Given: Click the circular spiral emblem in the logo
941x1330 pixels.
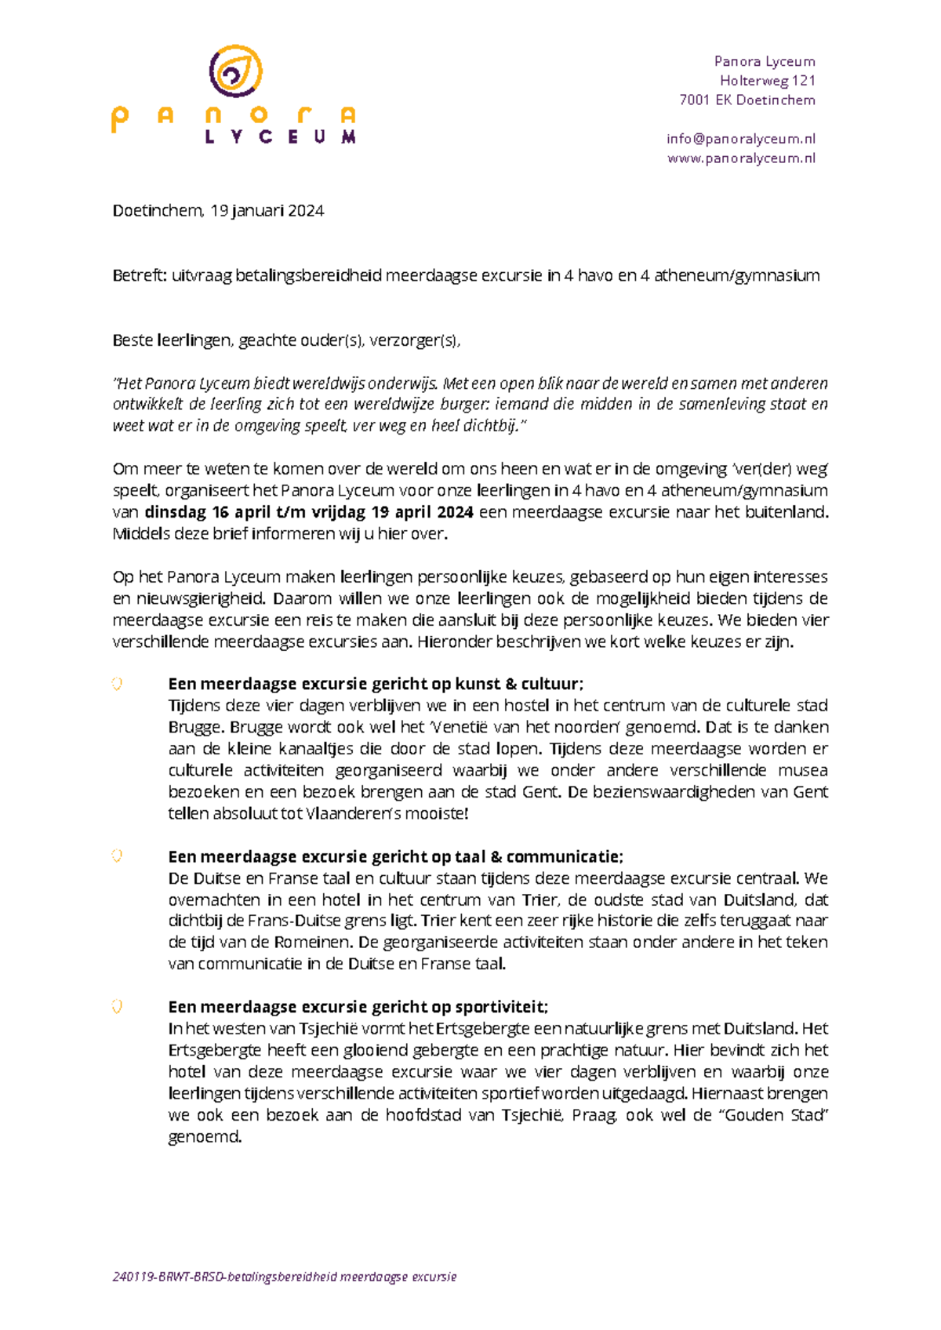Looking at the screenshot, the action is coord(235,71).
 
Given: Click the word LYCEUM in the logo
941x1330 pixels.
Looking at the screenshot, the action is coord(280,137).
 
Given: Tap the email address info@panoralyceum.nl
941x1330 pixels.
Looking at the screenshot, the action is coord(740,139).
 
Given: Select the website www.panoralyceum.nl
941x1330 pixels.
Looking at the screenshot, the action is coord(740,158).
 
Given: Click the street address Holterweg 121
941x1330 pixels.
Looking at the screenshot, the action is coord(767,81).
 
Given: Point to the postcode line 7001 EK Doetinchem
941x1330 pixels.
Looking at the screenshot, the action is coord(747,100).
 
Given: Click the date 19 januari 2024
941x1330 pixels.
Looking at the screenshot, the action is coord(267,211).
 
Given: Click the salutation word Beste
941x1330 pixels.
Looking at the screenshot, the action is coord(133,340).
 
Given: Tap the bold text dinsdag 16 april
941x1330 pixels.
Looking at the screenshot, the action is coord(208,512).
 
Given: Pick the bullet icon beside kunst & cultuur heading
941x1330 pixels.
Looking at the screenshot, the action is coord(117,684).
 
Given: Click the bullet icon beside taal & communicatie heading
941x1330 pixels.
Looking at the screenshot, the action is coord(117,856).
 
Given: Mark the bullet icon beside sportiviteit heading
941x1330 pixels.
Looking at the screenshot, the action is coord(117,1007).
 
